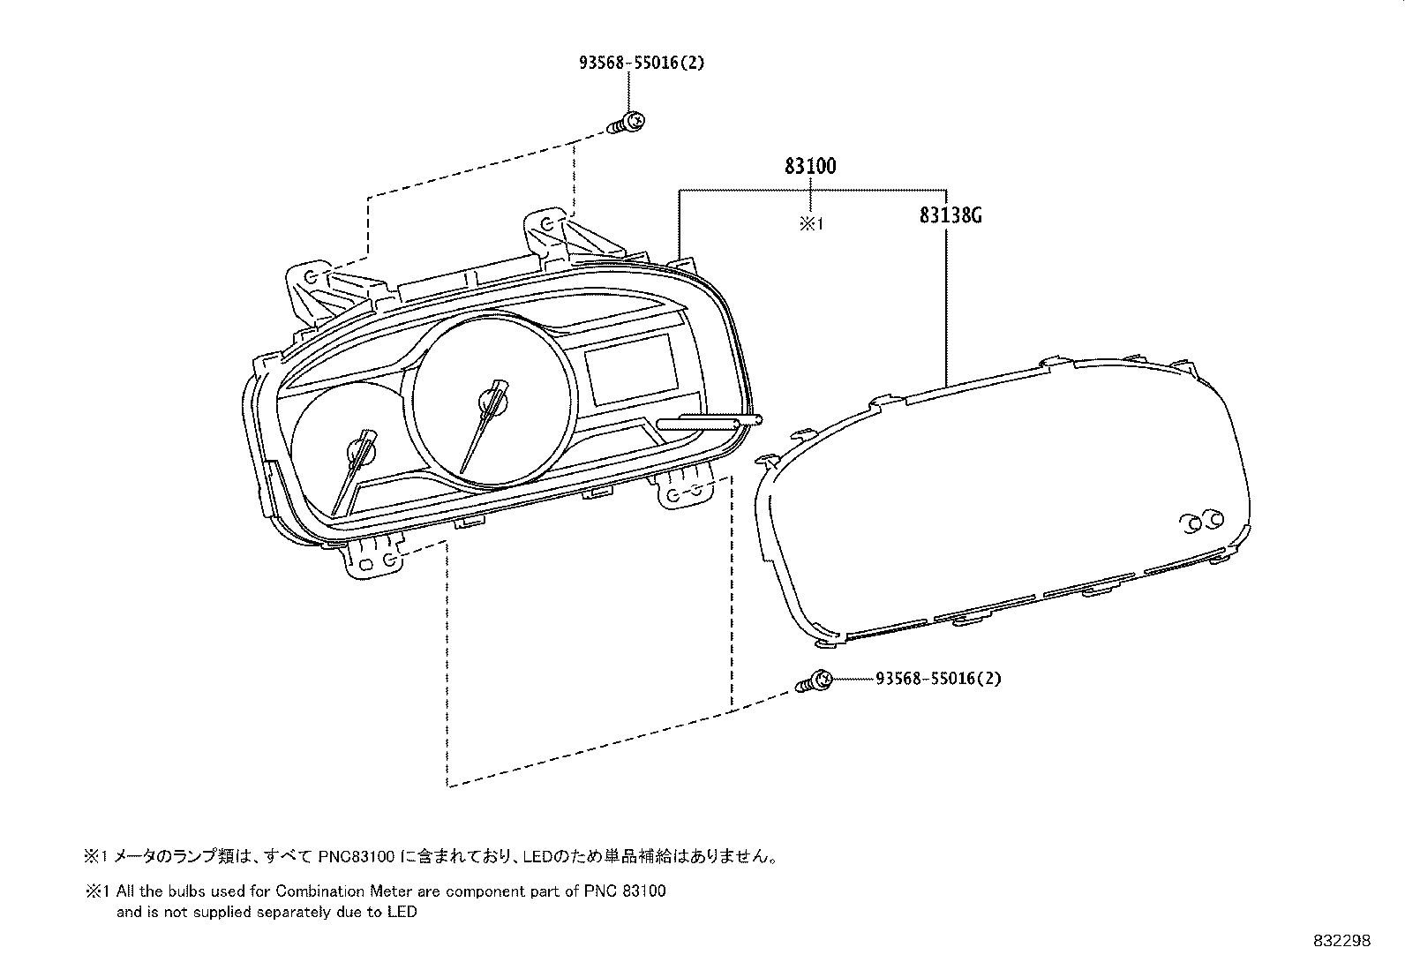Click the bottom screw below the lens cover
[816, 681]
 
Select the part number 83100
[809, 165]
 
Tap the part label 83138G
[950, 214]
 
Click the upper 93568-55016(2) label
[642, 63]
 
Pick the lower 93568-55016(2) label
[938, 679]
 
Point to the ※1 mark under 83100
[810, 224]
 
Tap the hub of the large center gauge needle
[492, 402]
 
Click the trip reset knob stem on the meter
[706, 424]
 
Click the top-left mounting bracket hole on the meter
[311, 277]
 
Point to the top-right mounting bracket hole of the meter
[546, 223]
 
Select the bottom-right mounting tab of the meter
[685, 493]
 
